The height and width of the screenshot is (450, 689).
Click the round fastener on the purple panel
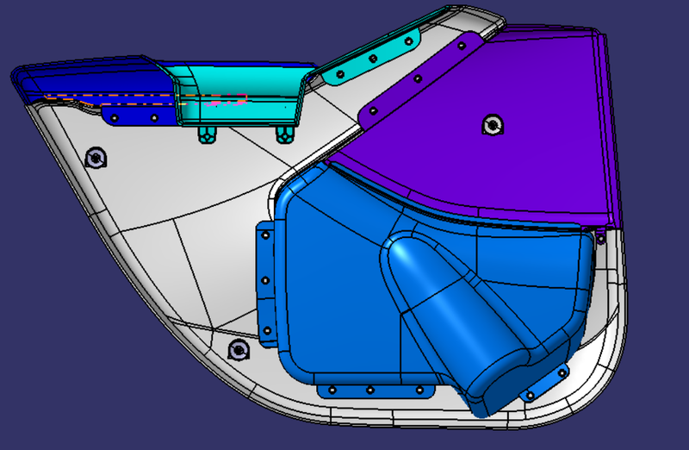[493, 125]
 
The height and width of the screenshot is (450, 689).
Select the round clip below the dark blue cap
[96, 158]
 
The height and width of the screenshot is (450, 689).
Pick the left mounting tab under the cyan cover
[207, 133]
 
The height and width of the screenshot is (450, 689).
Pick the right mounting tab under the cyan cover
[283, 134]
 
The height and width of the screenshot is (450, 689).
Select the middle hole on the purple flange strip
[419, 79]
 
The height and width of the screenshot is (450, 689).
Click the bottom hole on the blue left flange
[266, 329]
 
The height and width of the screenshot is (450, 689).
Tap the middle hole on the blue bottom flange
[370, 390]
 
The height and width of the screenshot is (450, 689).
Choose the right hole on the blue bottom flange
[420, 390]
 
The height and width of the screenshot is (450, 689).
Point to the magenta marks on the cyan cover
[226, 101]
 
